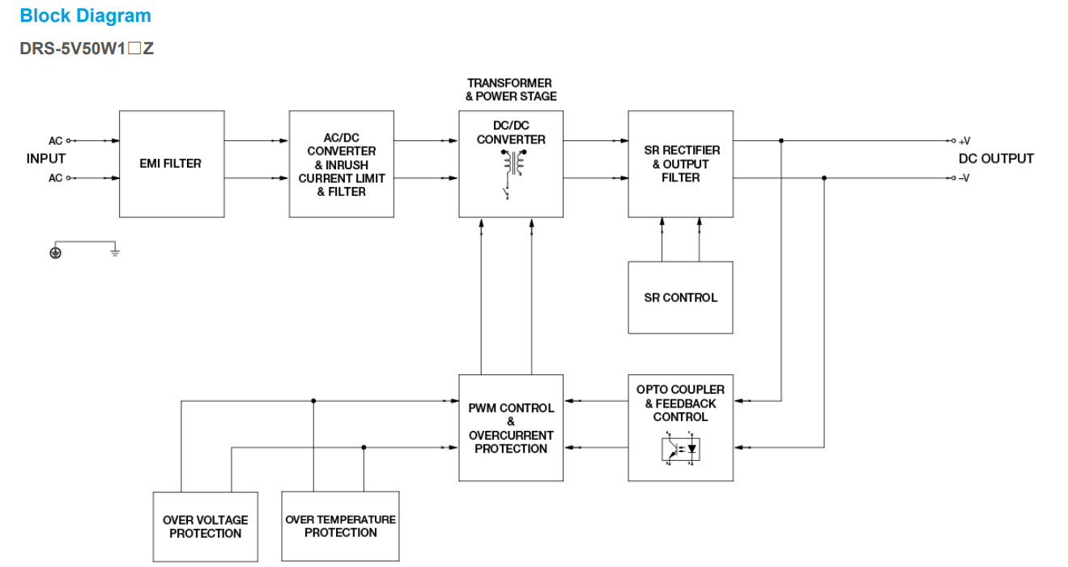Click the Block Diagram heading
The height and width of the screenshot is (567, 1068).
pyautogui.click(x=85, y=15)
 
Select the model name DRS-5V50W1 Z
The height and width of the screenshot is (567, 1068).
pyautogui.click(x=87, y=49)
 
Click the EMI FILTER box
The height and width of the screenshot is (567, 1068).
pyautogui.click(x=171, y=164)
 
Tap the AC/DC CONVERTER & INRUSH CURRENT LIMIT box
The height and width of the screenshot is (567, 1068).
pyautogui.click(x=341, y=164)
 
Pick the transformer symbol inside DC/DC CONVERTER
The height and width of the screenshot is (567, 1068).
pyautogui.click(x=511, y=161)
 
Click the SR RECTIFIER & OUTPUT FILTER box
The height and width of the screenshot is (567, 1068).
pyautogui.click(x=680, y=164)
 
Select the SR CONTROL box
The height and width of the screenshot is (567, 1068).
pyautogui.click(x=680, y=297)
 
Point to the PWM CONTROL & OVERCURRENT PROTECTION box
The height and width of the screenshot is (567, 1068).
pyautogui.click(x=511, y=428)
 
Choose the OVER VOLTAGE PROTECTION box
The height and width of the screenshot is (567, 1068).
pyautogui.click(x=206, y=526)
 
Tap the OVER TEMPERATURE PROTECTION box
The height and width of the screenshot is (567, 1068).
pyautogui.click(x=340, y=526)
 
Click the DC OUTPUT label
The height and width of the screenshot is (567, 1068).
pyautogui.click(x=996, y=159)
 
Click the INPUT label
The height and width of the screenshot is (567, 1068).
pyautogui.click(x=46, y=159)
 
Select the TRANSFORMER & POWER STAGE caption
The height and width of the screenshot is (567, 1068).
pyautogui.click(x=511, y=90)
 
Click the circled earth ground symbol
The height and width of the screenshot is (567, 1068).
pyautogui.click(x=55, y=252)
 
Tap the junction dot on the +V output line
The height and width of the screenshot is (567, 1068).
pyautogui.click(x=781, y=141)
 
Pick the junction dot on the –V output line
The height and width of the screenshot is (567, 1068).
pyautogui.click(x=824, y=178)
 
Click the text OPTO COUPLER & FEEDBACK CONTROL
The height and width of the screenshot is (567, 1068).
pyautogui.click(x=680, y=403)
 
